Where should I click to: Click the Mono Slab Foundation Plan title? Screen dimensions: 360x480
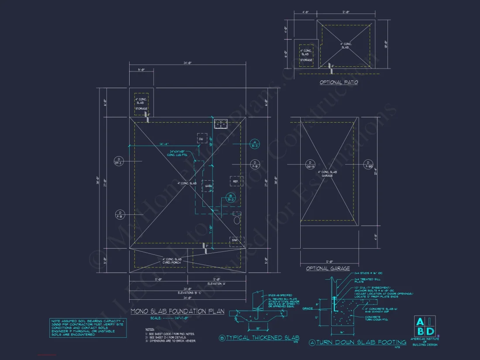[178, 311]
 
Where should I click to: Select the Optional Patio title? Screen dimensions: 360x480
[339, 82]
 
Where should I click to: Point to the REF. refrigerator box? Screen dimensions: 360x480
[235, 181]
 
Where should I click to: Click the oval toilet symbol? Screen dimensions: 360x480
[237, 220]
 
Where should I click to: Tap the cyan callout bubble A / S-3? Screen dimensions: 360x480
[255, 144]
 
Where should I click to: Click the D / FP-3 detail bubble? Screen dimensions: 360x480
[118, 161]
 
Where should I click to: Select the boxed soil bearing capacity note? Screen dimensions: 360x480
[88, 327]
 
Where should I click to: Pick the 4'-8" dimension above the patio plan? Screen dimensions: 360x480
[305, 13]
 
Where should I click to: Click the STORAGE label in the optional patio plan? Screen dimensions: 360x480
[305, 60]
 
